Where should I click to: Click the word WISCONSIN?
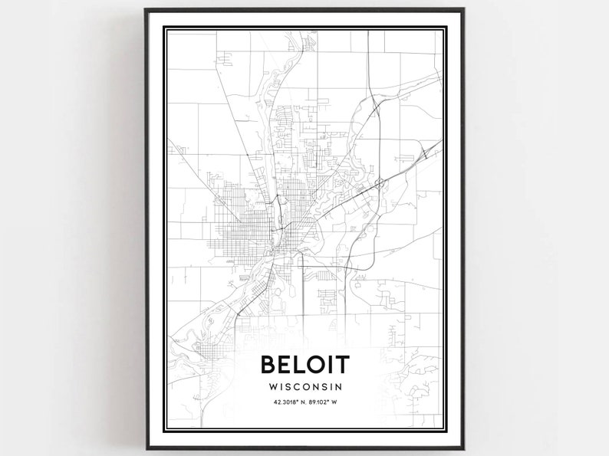tap(304, 388)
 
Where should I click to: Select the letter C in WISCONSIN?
tap(298, 388)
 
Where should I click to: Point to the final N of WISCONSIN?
tap(337, 388)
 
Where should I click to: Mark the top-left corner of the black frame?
tap(146, 10)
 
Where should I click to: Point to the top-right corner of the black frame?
tap(463, 10)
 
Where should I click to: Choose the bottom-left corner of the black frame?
tap(146, 447)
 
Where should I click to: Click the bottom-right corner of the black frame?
tap(463, 447)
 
